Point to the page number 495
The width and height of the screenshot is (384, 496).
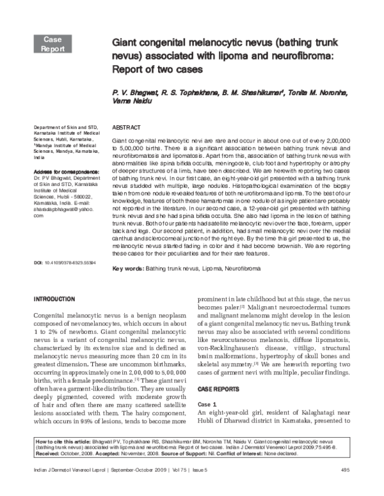[344, 488]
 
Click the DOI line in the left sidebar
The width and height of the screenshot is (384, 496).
[64, 281]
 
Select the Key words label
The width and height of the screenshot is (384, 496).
[127, 269]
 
